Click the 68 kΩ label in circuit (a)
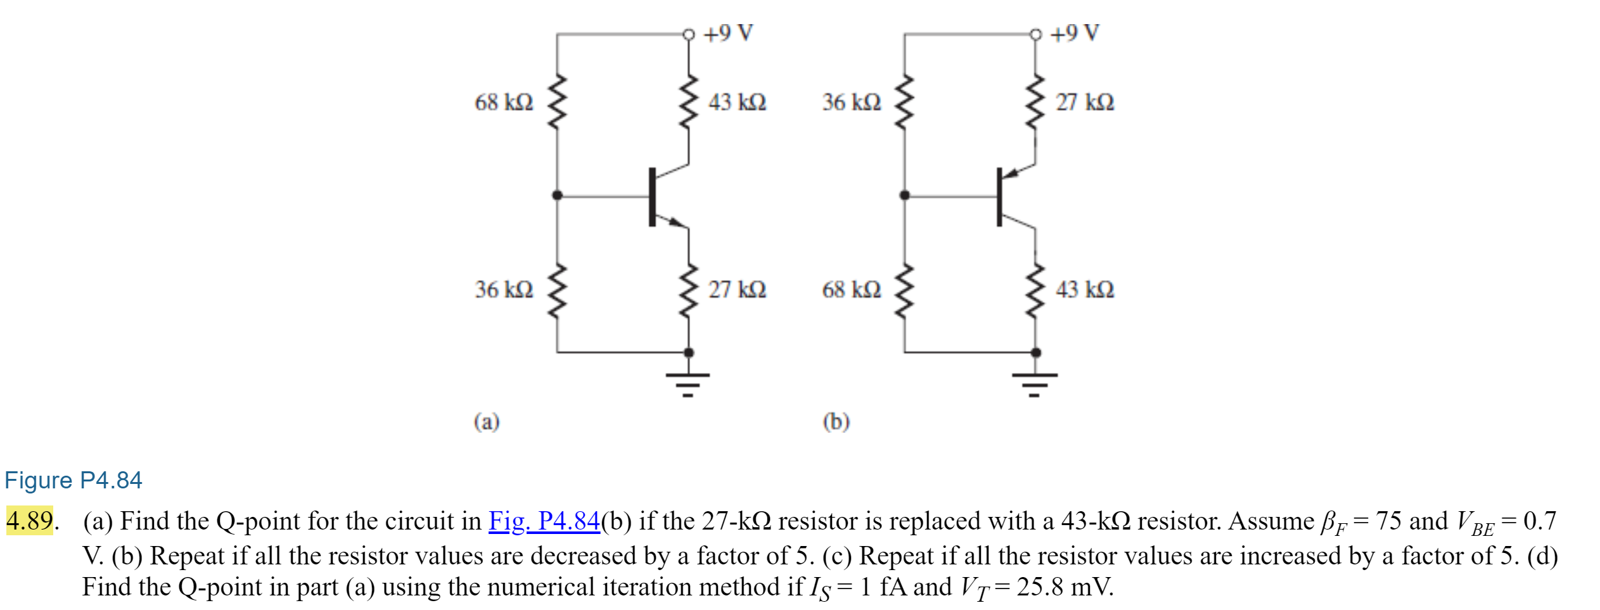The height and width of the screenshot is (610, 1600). click(504, 102)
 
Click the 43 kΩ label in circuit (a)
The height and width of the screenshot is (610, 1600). click(737, 102)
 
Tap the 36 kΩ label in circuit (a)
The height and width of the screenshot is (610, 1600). click(504, 289)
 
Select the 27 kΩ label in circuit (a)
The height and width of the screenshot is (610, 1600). click(737, 289)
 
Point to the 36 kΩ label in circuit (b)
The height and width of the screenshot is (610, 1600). click(851, 102)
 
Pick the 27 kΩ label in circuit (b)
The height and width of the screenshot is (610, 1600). click(1084, 102)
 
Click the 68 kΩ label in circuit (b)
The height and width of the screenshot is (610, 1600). click(851, 289)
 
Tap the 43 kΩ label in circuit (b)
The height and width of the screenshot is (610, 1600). click(1084, 289)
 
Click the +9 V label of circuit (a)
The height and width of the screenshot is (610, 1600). click(728, 32)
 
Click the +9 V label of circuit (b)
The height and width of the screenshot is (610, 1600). click(1075, 32)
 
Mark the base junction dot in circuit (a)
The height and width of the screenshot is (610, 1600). click(557, 195)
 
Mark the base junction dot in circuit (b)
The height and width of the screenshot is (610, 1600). click(904, 195)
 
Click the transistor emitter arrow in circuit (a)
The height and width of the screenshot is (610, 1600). click(677, 222)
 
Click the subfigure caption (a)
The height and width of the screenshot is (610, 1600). click(487, 421)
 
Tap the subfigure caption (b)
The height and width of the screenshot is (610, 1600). click(836, 421)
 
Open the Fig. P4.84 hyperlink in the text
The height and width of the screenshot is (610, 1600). click(544, 521)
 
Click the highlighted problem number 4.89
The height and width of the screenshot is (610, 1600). click(29, 521)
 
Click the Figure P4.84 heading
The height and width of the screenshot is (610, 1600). click(74, 480)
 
